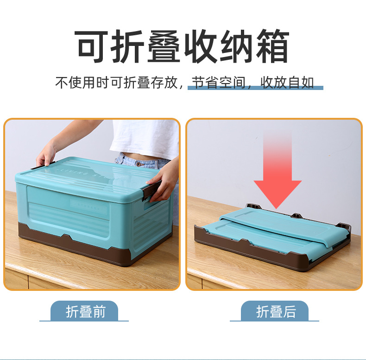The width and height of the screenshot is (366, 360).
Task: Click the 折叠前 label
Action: pos(85,311)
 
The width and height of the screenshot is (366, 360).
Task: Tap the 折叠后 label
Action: pos(276,311)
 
